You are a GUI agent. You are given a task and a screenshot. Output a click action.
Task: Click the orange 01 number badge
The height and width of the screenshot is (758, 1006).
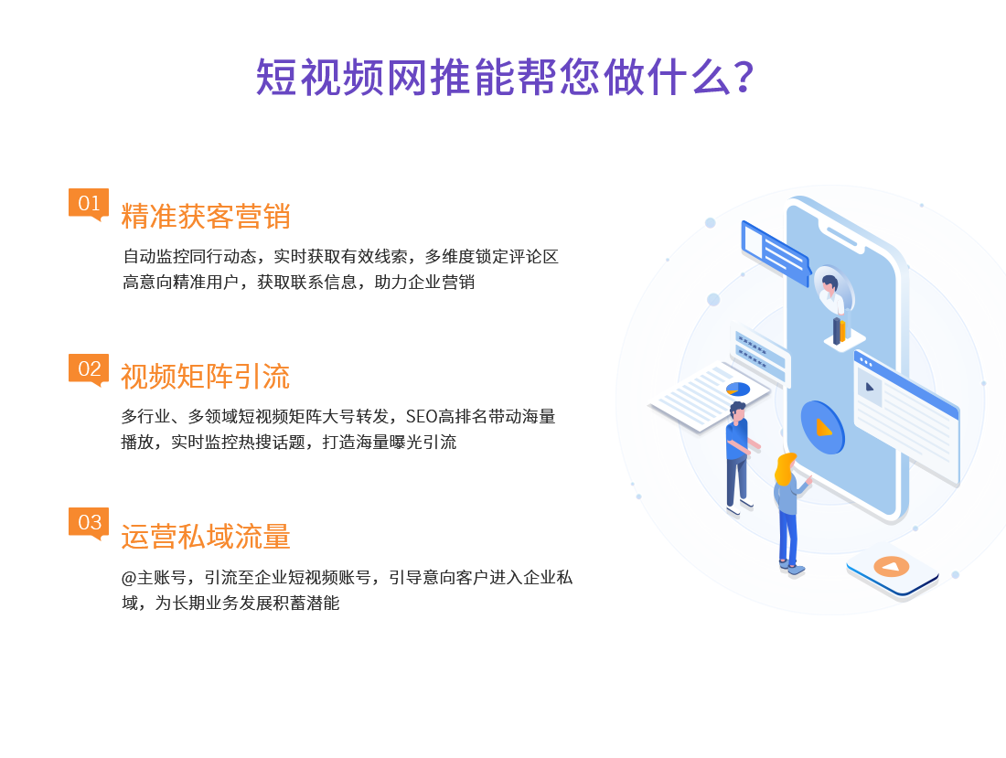point(89,203)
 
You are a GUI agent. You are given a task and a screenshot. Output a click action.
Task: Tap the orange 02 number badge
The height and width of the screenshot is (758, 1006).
point(89,368)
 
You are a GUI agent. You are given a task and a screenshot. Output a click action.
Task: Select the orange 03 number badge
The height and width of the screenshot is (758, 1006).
point(89,523)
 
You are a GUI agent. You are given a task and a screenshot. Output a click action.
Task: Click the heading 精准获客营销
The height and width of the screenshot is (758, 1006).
point(205,216)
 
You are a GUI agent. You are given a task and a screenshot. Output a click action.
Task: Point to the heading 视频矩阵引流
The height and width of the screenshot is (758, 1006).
point(205,377)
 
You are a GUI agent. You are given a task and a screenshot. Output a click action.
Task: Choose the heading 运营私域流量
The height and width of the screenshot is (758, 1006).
point(205,537)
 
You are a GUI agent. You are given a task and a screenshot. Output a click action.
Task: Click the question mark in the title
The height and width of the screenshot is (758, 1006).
point(744,78)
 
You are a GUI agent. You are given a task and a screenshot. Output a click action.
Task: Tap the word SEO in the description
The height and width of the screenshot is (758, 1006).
point(422,417)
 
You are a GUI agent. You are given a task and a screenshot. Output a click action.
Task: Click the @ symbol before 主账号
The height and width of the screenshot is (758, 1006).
point(128,578)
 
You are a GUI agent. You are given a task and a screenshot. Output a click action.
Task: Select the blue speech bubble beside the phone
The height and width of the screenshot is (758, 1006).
point(776,253)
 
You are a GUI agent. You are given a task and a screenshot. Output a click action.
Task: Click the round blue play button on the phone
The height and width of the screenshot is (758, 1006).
point(822,427)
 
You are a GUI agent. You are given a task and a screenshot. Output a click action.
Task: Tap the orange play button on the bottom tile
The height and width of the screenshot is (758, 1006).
point(891,566)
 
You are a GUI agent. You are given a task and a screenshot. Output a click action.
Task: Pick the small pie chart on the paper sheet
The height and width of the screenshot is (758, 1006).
point(738,389)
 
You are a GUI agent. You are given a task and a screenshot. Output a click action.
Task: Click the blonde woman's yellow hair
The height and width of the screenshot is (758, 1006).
point(784,469)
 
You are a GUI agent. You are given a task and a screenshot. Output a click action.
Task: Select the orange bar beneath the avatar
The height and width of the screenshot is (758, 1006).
point(842,329)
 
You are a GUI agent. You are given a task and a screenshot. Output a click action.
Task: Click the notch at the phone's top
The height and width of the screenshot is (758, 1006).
point(842,235)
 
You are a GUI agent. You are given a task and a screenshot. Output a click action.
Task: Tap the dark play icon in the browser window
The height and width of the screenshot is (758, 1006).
point(870,388)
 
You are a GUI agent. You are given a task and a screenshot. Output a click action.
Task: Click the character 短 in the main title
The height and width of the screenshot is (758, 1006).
point(276,78)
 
